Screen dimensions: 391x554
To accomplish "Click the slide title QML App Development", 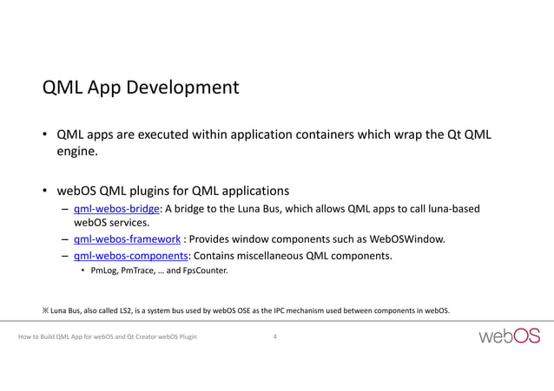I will (x=141, y=88).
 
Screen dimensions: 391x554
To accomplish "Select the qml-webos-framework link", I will (x=128, y=239).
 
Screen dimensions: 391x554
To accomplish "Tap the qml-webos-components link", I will (x=131, y=256).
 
